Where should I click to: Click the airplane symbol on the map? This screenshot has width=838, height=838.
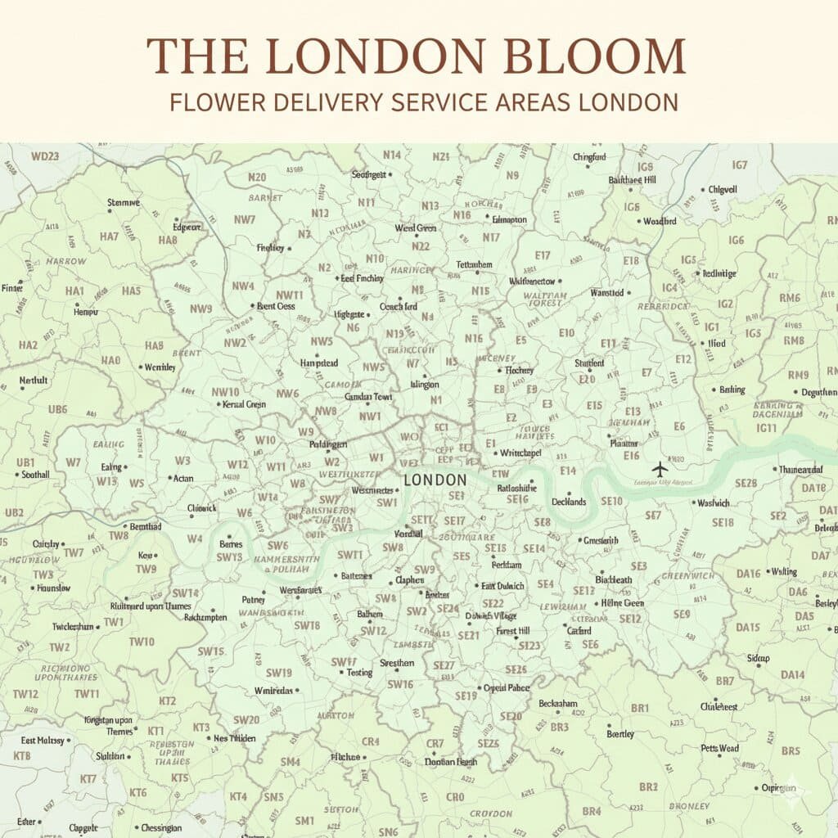point(660,468)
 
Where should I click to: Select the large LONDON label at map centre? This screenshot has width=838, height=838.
point(435,480)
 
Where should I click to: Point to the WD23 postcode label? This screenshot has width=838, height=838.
point(45,155)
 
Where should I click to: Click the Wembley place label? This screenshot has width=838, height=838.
point(160,367)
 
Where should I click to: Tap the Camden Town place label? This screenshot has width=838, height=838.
point(369,396)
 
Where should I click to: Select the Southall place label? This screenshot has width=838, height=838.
point(35,474)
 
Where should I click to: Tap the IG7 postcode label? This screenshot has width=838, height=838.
point(740,164)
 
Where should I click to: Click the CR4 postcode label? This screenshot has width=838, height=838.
point(371,741)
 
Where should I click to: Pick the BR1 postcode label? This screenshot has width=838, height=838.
point(640,708)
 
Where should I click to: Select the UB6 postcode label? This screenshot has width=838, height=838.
point(58,408)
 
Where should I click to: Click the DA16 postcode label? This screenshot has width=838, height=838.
point(748,573)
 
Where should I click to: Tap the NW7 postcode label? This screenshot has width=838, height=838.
point(245,219)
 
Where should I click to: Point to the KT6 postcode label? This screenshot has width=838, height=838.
point(138,792)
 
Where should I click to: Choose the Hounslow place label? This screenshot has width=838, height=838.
point(53,588)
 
